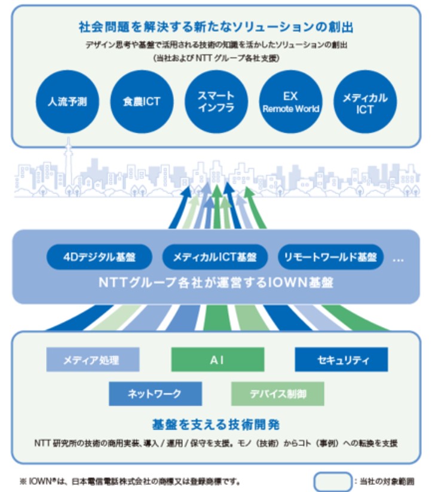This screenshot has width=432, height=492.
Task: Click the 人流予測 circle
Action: coord(68,102)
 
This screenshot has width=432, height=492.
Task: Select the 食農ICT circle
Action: coord(142,102)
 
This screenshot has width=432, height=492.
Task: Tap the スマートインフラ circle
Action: coord(216,102)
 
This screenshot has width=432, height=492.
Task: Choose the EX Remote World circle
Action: coord(291,102)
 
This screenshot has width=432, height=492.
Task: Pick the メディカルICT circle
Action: coord(365,102)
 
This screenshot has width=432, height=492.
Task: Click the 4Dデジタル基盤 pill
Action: coord(99,257)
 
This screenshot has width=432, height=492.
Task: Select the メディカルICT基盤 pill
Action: coord(215,257)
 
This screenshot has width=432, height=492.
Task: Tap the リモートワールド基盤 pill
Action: coord(330,257)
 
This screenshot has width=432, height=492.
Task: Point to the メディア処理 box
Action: coord(93,360)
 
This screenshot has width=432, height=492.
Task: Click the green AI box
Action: coord(217,360)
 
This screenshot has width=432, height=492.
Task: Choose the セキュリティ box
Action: coord(341,360)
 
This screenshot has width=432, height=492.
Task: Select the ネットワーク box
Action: coord(155,394)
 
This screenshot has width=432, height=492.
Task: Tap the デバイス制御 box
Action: coord(278,394)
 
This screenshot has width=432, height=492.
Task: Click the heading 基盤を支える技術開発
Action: coord(216,424)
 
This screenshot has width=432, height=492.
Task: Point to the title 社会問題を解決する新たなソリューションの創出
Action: coord(216,27)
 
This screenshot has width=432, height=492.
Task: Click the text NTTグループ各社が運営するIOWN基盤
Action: coord(216,282)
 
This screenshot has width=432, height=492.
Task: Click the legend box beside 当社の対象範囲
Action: coord(333,481)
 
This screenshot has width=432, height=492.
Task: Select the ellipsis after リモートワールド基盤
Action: coord(398,260)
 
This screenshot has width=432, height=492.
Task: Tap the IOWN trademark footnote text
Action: coord(130,481)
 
